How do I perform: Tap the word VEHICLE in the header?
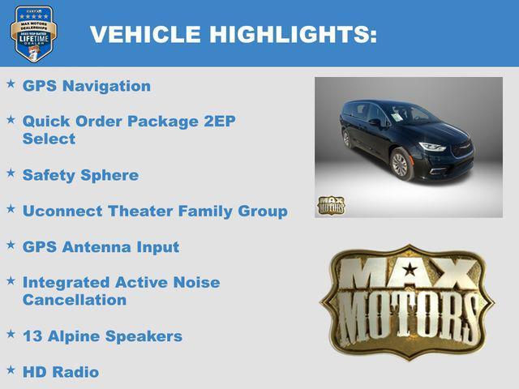tap(145, 34)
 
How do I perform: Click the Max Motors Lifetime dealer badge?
tap(33, 33)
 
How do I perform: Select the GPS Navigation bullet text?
tap(86, 86)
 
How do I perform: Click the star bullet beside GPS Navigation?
tap(11, 83)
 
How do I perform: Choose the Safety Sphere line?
tap(80, 175)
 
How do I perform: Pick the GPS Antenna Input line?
tap(101, 246)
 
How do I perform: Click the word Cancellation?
tap(74, 300)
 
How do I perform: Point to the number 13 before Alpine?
tap(32, 336)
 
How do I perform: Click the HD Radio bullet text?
tap(60, 372)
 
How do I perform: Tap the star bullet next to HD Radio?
tap(11, 370)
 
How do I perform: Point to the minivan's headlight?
tap(432, 147)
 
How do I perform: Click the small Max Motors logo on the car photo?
tap(331, 205)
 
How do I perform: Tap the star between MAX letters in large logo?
tap(410, 269)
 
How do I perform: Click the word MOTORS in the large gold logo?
tap(408, 313)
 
